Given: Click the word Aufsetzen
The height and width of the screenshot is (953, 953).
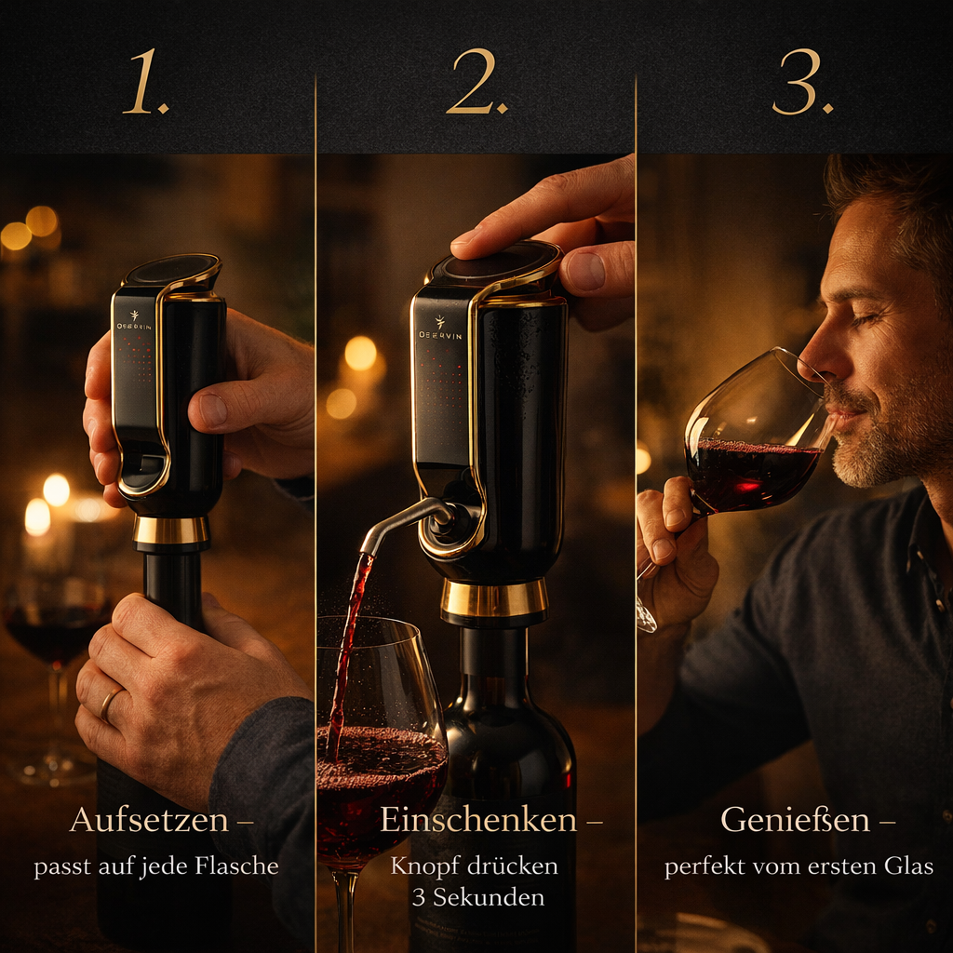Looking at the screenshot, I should [149, 821].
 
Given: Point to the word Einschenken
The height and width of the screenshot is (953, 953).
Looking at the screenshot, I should [478, 821].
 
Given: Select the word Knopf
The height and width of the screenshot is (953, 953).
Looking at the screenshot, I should [424, 866].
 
